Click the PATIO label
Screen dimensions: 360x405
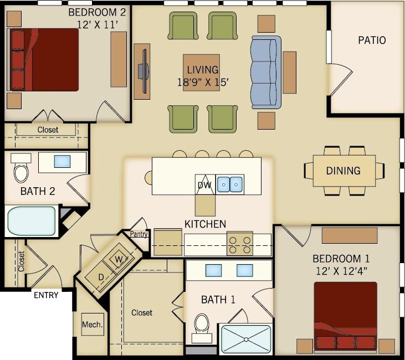[371, 40]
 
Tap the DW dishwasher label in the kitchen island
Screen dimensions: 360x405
[204, 184]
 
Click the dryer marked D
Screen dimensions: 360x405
[101, 276]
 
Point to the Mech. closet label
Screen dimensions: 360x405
[92, 325]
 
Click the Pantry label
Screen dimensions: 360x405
[139, 234]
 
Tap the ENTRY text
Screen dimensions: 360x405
[46, 295]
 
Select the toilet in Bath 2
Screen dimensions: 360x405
[21, 171]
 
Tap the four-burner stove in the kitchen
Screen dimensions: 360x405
[240, 244]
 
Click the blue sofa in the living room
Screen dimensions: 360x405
[266, 73]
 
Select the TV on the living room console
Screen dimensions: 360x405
[144, 71]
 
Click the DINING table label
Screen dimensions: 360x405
[343, 171]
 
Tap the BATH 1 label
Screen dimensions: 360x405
[218, 300]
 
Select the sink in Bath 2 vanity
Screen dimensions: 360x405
[61, 161]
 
